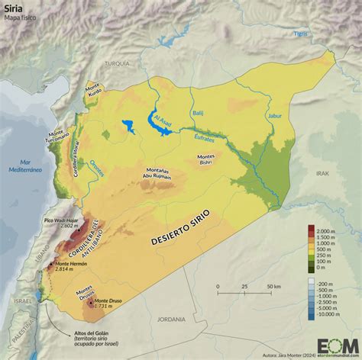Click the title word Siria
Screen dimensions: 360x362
[x=15, y=9]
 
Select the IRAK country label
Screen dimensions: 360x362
[x=321, y=174]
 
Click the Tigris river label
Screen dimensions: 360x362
[x=302, y=34]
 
